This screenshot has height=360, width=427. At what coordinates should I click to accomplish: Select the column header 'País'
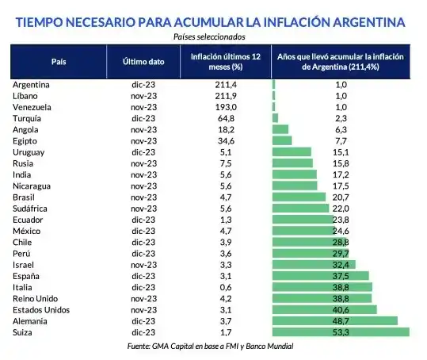59,61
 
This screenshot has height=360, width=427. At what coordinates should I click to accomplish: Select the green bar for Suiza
341,332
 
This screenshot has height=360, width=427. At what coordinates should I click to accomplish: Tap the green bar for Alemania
334,321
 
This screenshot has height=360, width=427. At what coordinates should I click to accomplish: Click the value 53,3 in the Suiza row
341,332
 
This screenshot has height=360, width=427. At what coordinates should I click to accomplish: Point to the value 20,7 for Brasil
341,197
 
